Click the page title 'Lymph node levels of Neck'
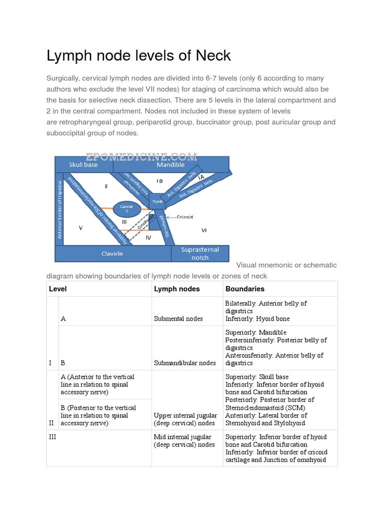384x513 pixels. coord(138,56)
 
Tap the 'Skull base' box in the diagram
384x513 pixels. coord(83,164)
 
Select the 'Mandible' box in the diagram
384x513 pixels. coord(170,164)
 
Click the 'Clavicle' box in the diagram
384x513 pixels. coord(112,253)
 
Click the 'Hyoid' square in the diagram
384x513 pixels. coord(157,200)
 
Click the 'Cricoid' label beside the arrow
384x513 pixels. coord(184,217)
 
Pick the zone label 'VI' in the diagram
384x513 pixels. coord(204,230)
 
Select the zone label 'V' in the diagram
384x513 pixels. coord(80,228)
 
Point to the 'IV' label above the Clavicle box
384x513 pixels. coord(148,237)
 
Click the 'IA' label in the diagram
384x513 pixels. coord(201,178)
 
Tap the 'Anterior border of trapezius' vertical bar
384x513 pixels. coord(60,208)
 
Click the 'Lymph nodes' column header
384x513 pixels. coord(177,289)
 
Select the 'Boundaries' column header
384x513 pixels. coord(245,289)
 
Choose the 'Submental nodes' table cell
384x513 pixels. coord(178,319)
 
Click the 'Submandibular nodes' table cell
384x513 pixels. coord(184,363)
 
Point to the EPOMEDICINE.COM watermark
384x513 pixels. coord(141,156)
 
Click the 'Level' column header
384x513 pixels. coord(58,289)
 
